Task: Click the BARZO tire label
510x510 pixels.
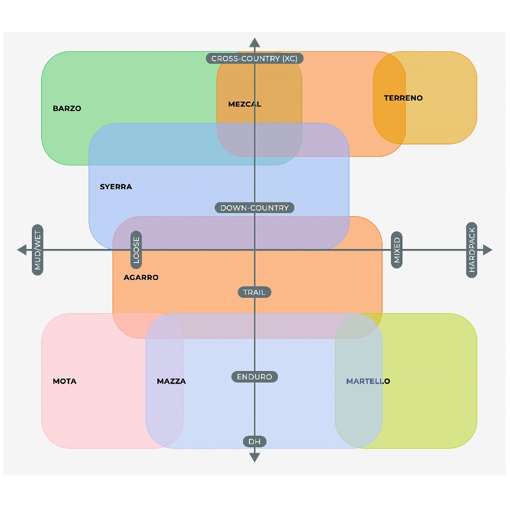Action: [67, 109]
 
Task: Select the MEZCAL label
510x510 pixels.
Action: [245, 105]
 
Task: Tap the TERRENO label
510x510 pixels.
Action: [403, 98]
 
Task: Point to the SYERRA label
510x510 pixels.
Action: [116, 187]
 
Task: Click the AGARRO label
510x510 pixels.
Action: [141, 277]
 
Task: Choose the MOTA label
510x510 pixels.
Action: [65, 381]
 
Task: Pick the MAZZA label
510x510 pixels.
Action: [171, 381]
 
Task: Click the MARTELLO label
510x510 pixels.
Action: [368, 381]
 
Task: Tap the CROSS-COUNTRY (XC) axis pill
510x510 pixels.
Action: [255, 59]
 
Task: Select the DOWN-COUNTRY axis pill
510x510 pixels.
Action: [255, 208]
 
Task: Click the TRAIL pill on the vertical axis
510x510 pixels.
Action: [255, 292]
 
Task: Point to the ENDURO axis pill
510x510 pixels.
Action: [255, 377]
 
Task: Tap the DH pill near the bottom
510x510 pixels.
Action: [255, 442]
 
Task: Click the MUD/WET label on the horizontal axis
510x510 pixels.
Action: [38, 250]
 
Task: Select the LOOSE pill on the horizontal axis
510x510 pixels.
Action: [136, 250]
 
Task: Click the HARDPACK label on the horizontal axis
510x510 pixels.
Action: [472, 250]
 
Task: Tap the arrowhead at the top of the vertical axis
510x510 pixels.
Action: [255, 43]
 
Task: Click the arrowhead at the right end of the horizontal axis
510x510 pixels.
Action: [488, 250]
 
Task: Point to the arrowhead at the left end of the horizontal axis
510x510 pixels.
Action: [22, 250]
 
